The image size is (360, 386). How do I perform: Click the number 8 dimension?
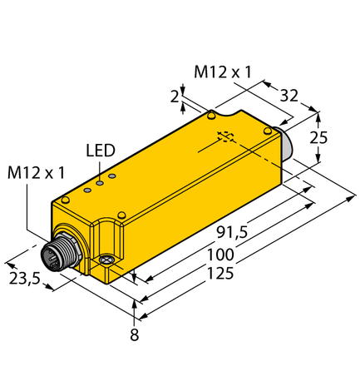point(135,336)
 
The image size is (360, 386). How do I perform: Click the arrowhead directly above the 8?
point(135,309)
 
